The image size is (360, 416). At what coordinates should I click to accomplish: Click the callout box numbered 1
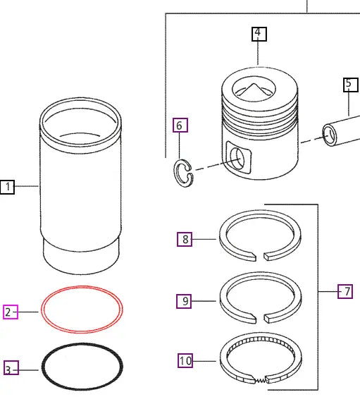tap(7, 187)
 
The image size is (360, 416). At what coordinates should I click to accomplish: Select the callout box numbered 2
tap(11, 312)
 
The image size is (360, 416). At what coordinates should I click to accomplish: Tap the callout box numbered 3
tap(11, 369)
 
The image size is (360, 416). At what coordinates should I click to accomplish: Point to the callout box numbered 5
tap(350, 85)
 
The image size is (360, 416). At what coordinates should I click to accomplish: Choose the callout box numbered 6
tap(180, 126)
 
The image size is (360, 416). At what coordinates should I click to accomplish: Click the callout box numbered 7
tap(345, 290)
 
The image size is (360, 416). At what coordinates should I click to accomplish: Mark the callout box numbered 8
tap(185, 239)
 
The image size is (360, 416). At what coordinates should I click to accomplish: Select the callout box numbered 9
tap(185, 301)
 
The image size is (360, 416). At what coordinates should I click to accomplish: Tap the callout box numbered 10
tap(185, 361)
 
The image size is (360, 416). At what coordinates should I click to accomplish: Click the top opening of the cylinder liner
tap(81, 120)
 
